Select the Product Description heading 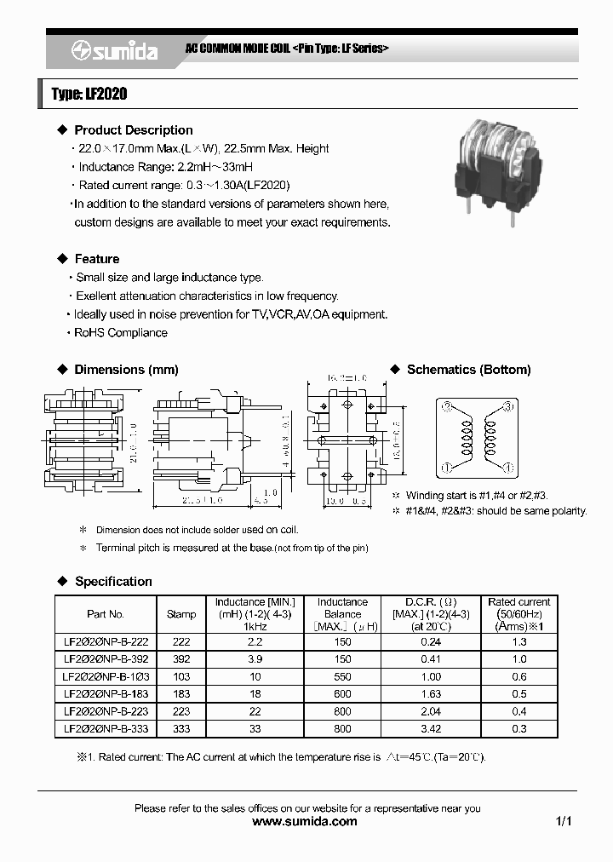[133, 130]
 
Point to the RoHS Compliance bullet [120, 333]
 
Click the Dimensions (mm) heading [126, 370]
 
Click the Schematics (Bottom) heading [468, 370]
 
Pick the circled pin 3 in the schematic [508, 409]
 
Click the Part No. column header [106, 614]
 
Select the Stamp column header [181, 614]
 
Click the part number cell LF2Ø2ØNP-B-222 [106, 641]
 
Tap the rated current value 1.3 [519, 641]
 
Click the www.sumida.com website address [306, 822]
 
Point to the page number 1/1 [563, 822]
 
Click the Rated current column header [519, 613]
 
